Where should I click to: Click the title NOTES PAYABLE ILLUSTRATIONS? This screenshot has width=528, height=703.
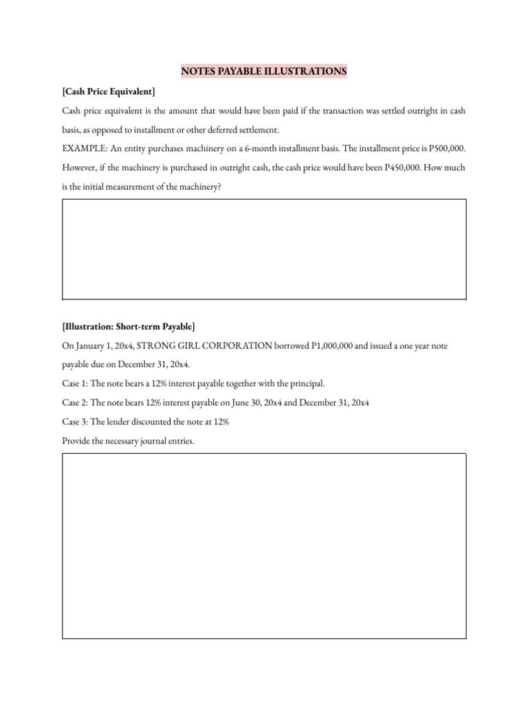(x=264, y=71)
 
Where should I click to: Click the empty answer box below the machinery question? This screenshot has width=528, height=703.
(x=264, y=249)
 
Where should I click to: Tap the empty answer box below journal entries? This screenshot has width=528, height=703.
(x=264, y=546)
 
